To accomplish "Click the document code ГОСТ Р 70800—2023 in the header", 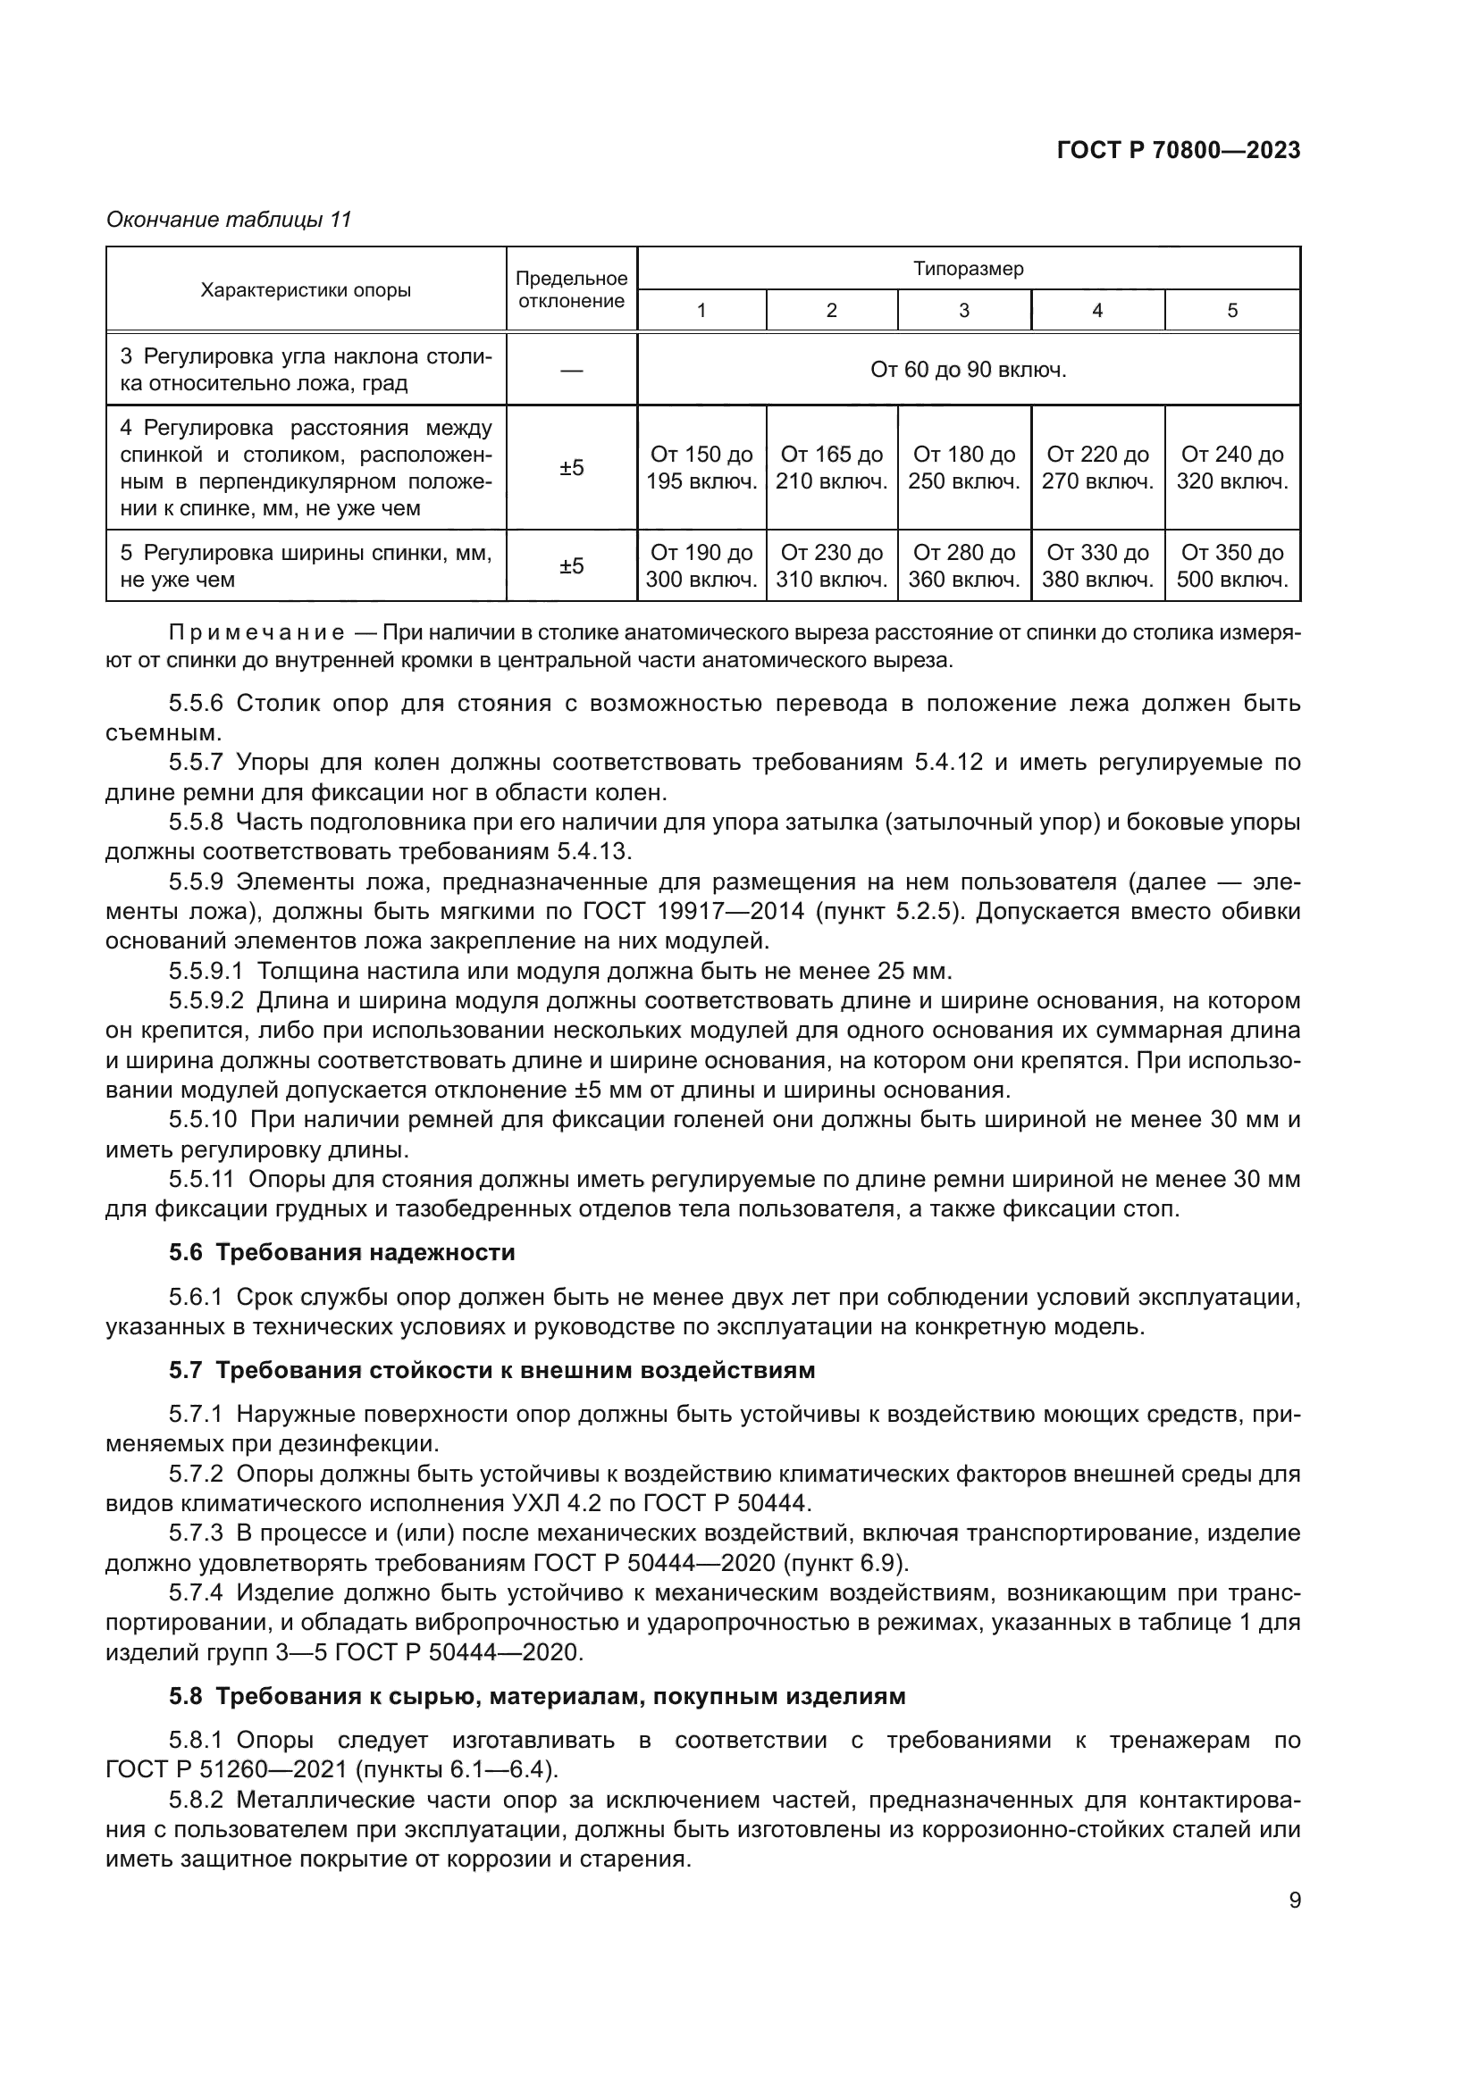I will tap(1178, 151).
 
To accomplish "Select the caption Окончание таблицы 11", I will tap(229, 220).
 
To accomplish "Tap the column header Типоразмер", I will tap(969, 270).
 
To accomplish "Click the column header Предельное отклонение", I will tap(572, 289).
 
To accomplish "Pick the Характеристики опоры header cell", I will tap(306, 290).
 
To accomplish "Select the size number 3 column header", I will tap(964, 310).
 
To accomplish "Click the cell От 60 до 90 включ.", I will tap(969, 370).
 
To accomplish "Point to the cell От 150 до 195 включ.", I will tap(701, 468).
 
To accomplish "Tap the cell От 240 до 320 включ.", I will tap(1232, 468).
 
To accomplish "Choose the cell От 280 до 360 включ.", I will tap(964, 566).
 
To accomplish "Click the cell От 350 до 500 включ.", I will tap(1232, 566).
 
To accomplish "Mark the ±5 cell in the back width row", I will tap(572, 566).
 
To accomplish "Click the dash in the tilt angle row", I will tap(572, 370).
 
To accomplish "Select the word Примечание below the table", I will tap(256, 633).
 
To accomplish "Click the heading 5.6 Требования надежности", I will tap(342, 1253).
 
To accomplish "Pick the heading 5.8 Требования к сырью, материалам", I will tap(537, 1696).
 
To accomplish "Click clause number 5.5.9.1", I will tap(206, 972).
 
